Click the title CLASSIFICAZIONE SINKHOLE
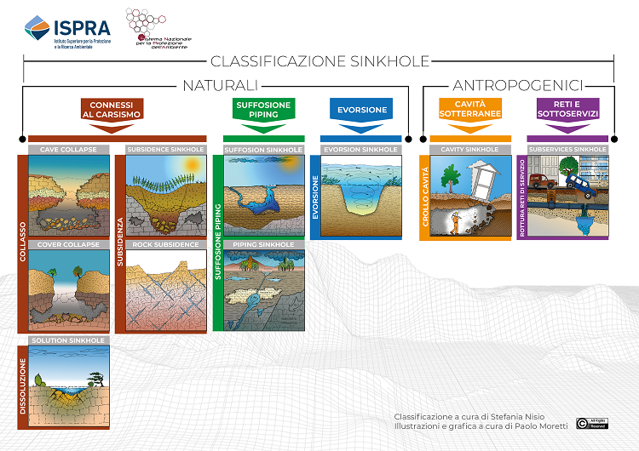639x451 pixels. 319,61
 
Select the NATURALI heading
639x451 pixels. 220,85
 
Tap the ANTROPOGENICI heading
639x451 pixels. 517,85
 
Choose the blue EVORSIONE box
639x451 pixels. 361,110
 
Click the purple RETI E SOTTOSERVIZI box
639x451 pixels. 566,110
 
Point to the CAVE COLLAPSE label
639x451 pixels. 69,150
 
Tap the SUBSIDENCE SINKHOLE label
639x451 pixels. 165,150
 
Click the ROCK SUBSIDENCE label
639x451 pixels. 165,245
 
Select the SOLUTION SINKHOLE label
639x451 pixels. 69,340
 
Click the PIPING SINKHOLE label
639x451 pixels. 263,245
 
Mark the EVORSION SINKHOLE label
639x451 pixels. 361,150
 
